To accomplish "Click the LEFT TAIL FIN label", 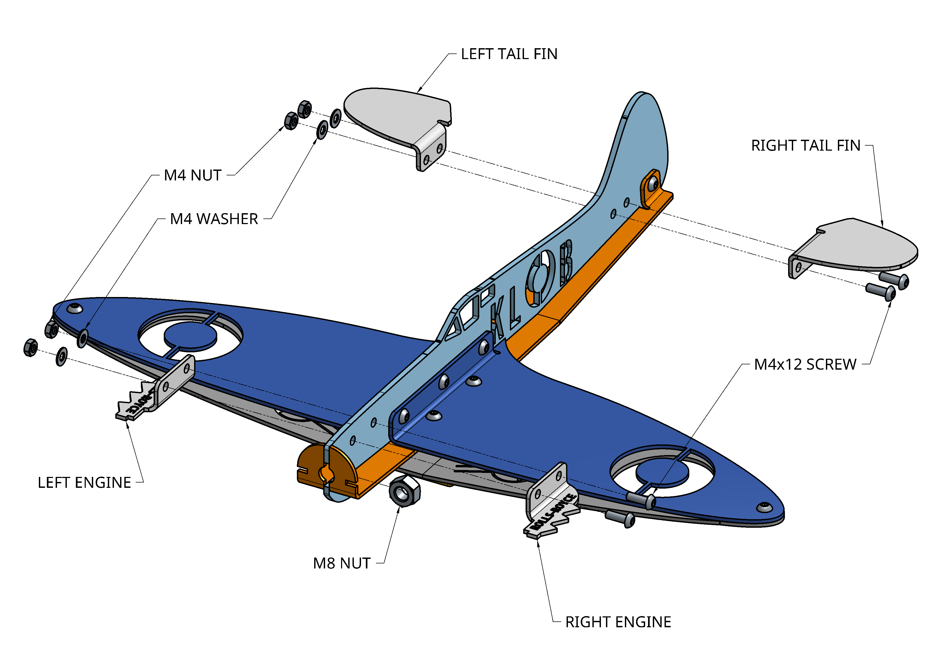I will (x=509, y=54).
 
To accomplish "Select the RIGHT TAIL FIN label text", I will (x=805, y=146).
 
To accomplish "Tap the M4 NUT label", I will (x=192, y=175).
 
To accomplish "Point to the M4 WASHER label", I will (x=214, y=219).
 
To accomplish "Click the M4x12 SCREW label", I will (x=805, y=364).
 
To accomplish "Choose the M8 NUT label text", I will (x=342, y=563).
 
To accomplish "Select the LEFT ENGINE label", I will (x=84, y=483).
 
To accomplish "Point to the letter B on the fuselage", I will (x=566, y=262).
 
